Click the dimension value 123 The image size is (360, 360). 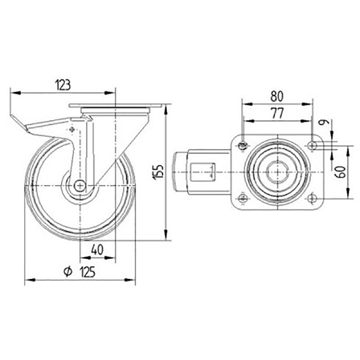(63, 84)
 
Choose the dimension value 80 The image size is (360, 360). (277, 96)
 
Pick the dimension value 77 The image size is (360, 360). (276, 114)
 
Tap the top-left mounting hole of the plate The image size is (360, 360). (242, 146)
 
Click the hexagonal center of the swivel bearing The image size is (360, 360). (277, 172)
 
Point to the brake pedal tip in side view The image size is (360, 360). (16, 120)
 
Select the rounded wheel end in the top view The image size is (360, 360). (179, 172)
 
